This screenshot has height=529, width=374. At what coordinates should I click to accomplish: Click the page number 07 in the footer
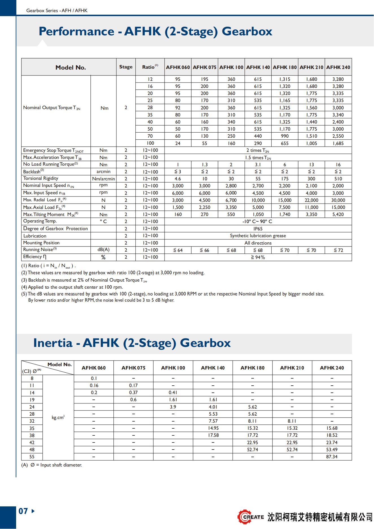(23, 511)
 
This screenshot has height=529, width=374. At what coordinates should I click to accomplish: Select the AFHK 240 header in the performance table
(338, 67)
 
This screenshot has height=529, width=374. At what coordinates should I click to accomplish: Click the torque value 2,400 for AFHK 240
(338, 122)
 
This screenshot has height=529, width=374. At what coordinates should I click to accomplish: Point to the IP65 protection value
(258, 229)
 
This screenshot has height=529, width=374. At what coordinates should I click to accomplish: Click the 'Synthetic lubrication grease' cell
(258, 236)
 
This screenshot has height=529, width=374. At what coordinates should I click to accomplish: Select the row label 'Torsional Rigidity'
(41, 178)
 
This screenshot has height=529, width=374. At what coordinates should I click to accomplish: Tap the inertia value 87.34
(332, 457)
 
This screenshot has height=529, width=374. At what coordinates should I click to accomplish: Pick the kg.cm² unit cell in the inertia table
(58, 417)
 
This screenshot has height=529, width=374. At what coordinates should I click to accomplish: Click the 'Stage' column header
(126, 67)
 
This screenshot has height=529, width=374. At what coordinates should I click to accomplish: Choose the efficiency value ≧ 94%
(258, 257)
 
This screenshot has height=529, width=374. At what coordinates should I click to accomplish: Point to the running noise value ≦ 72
(338, 250)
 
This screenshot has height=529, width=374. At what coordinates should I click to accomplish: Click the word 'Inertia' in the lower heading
(53, 343)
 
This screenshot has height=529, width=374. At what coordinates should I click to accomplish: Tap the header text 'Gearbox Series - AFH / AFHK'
(57, 10)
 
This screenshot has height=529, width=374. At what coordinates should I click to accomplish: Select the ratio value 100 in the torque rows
(150, 143)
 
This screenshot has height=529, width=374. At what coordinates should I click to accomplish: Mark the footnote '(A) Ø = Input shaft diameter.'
(52, 465)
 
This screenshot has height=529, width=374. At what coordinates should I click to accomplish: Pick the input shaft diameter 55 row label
(32, 457)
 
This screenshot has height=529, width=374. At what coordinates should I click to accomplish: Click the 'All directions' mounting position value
(258, 243)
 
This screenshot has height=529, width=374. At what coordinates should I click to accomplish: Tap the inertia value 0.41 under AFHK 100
(173, 392)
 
